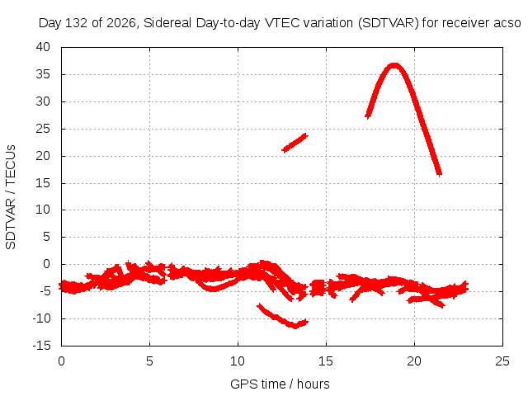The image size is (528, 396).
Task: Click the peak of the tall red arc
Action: coord(394,65)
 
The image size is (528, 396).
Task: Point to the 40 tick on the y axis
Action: coord(43,47)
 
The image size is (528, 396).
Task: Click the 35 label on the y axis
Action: coord(43,74)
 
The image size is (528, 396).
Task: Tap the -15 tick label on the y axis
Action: coord(41,346)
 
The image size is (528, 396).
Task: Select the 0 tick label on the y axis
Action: coord(46,264)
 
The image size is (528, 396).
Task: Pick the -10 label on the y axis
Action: coord(41,318)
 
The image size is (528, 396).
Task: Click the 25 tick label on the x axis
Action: coord(502,361)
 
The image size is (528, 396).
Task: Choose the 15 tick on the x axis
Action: coord(326,361)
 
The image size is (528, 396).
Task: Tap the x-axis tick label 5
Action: coord(149,361)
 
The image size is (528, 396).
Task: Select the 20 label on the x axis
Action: coord(414,361)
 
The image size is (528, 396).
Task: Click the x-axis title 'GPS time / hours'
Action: coord(280,384)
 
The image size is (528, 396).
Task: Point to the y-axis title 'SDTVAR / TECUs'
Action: coord(11,197)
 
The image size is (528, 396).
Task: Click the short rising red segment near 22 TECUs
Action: coord(295,143)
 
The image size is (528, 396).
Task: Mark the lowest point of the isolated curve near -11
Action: coord(295,327)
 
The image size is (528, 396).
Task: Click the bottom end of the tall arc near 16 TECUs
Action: coord(439,174)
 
